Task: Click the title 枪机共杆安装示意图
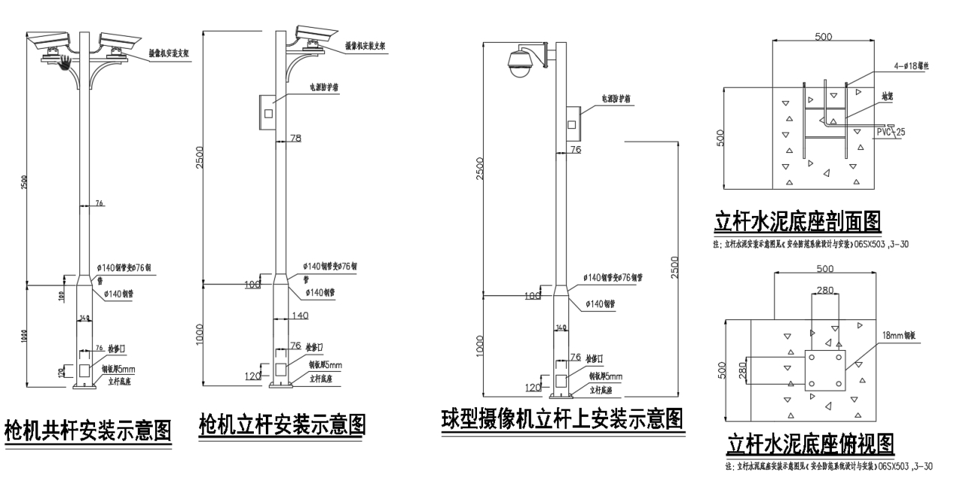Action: pyautogui.click(x=88, y=430)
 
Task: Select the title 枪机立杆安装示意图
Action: pyautogui.click(x=282, y=424)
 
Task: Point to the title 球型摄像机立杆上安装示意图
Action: pyautogui.click(x=562, y=418)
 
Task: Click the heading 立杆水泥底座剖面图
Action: pyautogui.click(x=797, y=222)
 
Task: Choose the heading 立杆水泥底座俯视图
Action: pyautogui.click(x=810, y=444)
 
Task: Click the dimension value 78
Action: pyautogui.click(x=295, y=138)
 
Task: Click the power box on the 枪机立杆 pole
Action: pyautogui.click(x=267, y=112)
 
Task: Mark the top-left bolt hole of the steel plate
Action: pyautogui.click(x=812, y=358)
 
